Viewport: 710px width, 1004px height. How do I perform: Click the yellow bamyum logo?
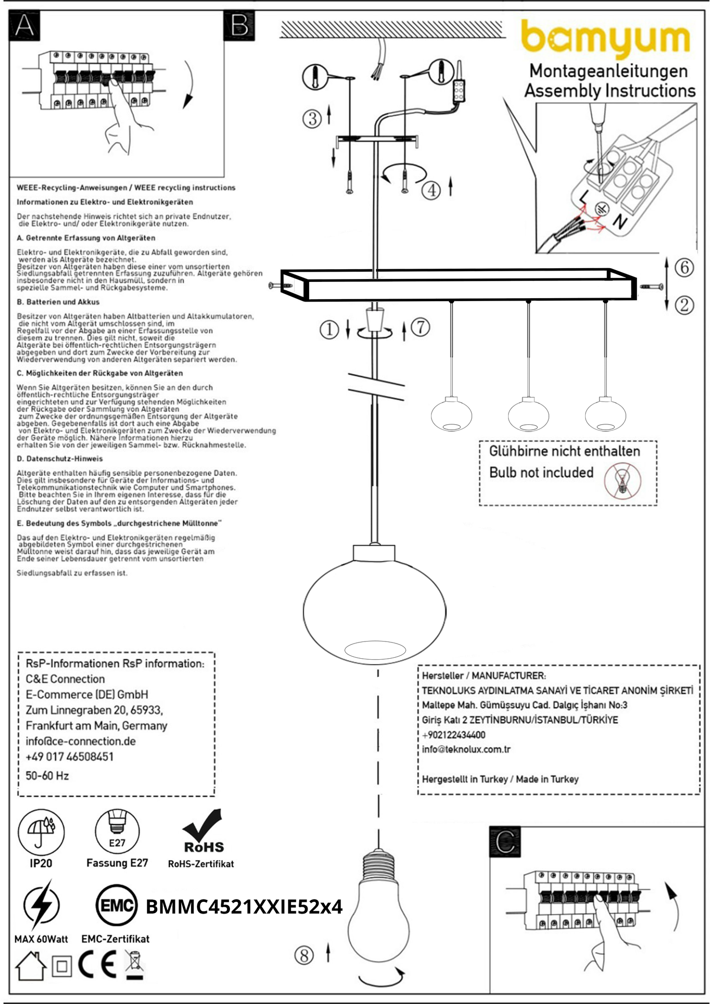605,38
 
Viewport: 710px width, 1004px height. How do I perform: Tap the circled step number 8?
304,955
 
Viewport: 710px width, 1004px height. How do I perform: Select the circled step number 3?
312,118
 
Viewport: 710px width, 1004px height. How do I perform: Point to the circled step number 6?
684,267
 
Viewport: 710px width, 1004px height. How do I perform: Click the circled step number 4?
431,190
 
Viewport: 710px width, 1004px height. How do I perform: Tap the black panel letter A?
25,26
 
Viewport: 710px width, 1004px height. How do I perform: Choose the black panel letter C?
505,842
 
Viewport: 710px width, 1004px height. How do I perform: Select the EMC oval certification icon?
116,905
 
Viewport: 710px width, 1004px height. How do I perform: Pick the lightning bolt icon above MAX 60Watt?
41,905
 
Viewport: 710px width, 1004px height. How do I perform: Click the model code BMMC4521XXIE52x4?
244,907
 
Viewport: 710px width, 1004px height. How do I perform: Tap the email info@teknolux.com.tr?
466,749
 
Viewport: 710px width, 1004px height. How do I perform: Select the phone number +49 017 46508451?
69,756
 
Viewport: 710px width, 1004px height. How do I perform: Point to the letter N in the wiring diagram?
620,223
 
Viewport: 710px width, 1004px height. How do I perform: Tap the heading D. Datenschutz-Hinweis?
59,459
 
